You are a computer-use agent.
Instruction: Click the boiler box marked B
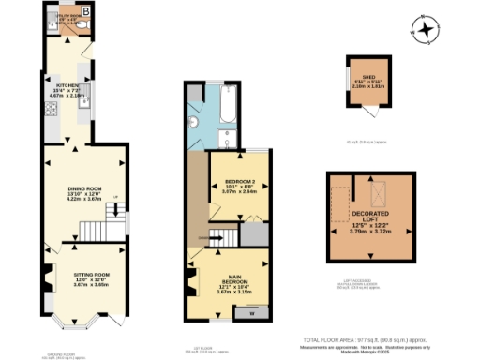click(85, 11)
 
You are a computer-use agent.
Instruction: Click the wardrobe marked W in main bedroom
click(250, 314)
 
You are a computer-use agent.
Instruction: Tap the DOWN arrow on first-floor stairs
click(207, 238)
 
